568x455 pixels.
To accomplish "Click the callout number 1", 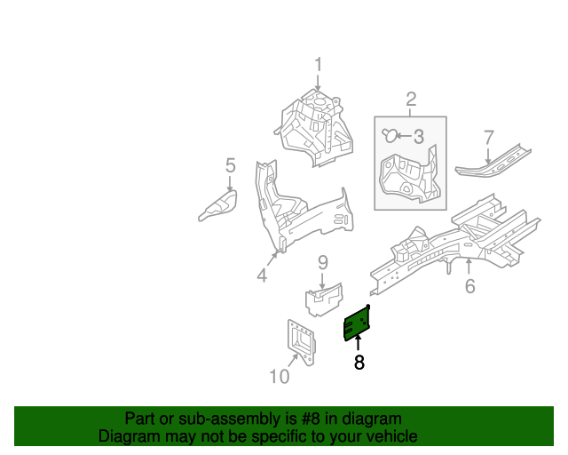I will coord(318,65).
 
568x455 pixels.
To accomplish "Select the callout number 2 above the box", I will coord(411,99).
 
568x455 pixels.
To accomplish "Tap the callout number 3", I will coord(419,136).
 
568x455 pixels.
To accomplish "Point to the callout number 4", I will coord(262,276).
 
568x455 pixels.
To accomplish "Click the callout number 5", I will coord(230,165).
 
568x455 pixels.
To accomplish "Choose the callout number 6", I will coord(469,285).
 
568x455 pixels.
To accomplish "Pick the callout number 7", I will coord(488,137).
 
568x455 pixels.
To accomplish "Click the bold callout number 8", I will coord(359,363).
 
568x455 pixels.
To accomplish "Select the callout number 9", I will coord(323,262).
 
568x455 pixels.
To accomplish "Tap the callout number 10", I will coord(279,377).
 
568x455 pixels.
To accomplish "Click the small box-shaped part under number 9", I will coord(324,297).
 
